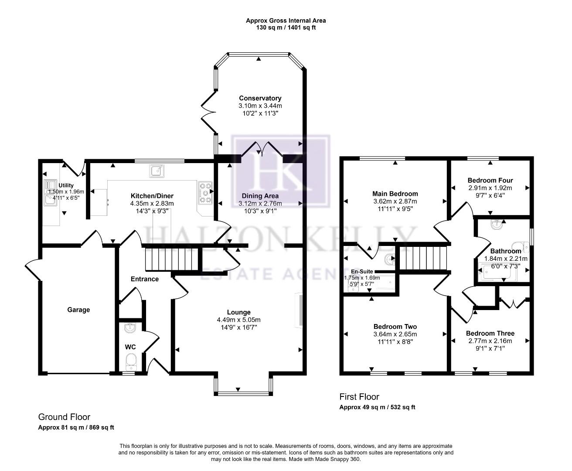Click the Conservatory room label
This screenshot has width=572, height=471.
pos(260,98)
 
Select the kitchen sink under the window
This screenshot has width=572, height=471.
pos(157,171)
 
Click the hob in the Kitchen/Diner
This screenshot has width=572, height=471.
pos(206,193)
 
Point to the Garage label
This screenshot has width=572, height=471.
pos(78,310)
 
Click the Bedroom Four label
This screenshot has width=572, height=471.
pos(490,180)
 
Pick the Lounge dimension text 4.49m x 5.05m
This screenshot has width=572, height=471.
pos(238,320)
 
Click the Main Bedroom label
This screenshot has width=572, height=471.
pos(395,194)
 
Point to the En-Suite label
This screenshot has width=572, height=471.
pos(362,271)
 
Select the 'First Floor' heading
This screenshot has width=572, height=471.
pos(359,397)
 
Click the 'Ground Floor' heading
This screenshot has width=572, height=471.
pos(64,417)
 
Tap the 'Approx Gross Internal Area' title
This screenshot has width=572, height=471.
pos(286,20)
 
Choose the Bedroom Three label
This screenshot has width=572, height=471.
pos(490,333)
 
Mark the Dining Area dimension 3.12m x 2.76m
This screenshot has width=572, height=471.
pos(260,203)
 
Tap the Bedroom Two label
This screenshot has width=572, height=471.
pos(395,327)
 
